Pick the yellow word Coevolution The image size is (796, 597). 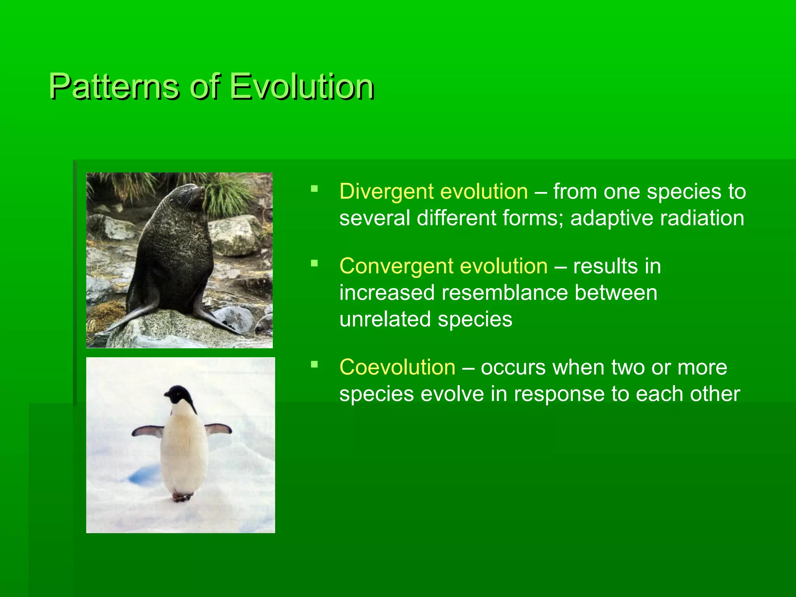[x=397, y=367]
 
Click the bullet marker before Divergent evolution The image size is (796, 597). [x=314, y=189]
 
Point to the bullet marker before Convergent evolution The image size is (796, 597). [x=314, y=264]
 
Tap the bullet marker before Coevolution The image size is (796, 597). [x=314, y=365]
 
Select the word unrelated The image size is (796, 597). [x=385, y=319]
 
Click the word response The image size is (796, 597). [x=558, y=394]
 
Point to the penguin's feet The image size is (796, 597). [x=182, y=497]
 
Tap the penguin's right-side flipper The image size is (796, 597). [x=218, y=429]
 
